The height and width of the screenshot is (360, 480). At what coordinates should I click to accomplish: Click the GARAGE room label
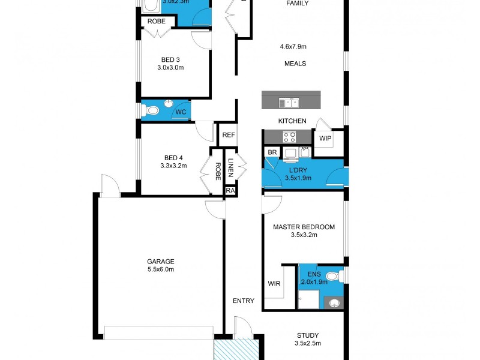[160, 261]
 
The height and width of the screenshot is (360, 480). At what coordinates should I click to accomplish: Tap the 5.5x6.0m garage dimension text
[160, 269]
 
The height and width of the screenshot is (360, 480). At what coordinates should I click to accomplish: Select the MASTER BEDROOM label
[304, 227]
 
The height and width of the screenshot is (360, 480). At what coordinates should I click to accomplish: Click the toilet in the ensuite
[341, 276]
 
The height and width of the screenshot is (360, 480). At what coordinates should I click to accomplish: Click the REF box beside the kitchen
[228, 135]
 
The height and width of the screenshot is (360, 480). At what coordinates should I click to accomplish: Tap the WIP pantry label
[325, 139]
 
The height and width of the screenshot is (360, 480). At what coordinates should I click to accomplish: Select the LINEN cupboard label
[230, 167]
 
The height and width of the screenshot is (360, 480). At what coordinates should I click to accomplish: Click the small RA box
[230, 190]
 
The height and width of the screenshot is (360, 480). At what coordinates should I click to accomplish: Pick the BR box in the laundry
[272, 152]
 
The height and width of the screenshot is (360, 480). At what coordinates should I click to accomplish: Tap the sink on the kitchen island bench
[292, 103]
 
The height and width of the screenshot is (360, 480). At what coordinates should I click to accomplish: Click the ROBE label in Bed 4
[217, 172]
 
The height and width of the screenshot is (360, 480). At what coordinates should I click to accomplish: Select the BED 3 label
[170, 59]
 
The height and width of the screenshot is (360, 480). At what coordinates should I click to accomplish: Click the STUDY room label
[308, 335]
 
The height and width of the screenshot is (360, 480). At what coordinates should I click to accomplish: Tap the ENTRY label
[244, 301]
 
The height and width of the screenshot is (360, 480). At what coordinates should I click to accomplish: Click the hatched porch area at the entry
[236, 348]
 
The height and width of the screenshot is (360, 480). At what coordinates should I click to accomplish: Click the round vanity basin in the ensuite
[334, 302]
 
